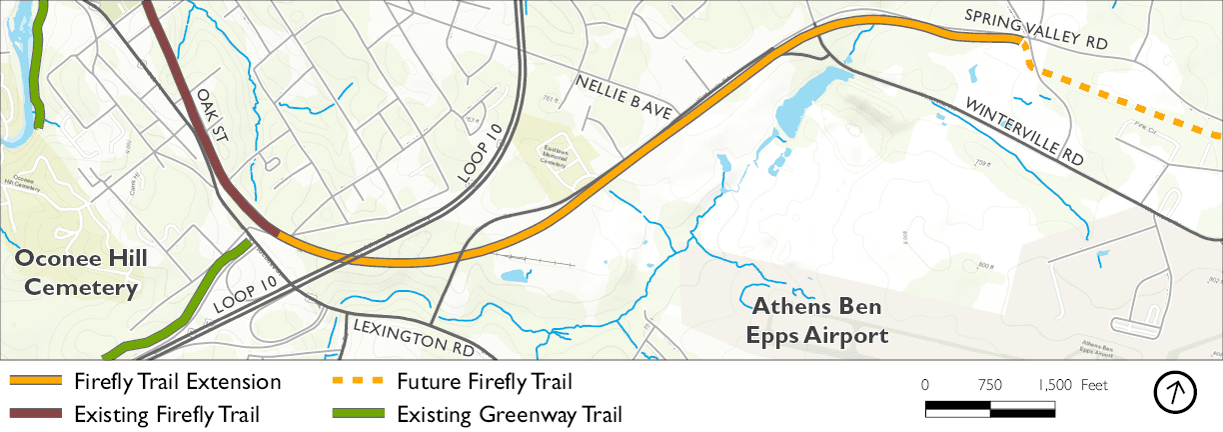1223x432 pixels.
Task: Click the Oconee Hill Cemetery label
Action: (x=80, y=273)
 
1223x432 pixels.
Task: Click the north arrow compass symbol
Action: (x=1175, y=392)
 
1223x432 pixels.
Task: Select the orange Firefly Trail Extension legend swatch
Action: (x=36, y=382)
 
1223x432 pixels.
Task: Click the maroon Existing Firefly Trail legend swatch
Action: (x=36, y=414)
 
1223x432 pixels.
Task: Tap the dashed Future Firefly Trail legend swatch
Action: (x=356, y=382)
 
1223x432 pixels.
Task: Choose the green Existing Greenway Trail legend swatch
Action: (x=356, y=414)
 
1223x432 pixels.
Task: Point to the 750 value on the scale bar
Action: (x=990, y=385)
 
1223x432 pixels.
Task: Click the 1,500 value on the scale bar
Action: (x=1054, y=385)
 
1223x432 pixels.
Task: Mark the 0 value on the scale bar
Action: (x=925, y=385)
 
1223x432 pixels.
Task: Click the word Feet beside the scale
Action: (x=1094, y=385)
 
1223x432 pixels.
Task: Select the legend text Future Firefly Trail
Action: (x=485, y=382)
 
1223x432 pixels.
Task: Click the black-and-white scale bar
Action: (x=990, y=408)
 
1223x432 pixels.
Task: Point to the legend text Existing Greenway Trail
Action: (x=510, y=414)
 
